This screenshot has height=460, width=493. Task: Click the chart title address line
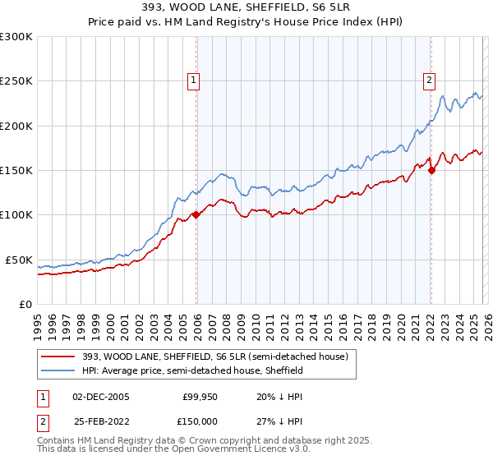coord(246,8)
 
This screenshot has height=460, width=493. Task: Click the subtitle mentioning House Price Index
coord(246,22)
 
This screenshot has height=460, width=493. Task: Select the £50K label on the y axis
coord(19,260)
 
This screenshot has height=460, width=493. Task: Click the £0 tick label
coord(25,304)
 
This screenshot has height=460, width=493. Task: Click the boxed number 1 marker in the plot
coord(193,80)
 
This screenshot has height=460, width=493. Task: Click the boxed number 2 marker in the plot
coord(429,80)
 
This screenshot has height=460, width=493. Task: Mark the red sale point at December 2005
coord(196,215)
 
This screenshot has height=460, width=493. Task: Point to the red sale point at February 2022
coord(432,171)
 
